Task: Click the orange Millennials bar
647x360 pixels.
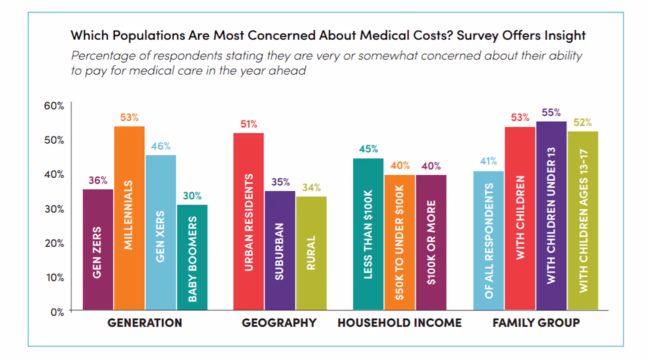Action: [x=129, y=218]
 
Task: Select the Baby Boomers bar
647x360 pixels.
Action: [x=192, y=257]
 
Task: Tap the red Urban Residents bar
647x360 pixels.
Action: [x=248, y=221]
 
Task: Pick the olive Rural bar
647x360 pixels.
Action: [x=311, y=253]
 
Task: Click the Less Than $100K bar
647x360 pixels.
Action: [x=368, y=234]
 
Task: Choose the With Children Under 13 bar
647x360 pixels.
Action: [x=551, y=215]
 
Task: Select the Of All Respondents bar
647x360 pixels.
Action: [x=488, y=240]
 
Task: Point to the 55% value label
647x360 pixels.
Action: [x=551, y=113]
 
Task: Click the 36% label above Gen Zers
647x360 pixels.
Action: [x=98, y=180]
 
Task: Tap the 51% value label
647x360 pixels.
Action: [x=248, y=124]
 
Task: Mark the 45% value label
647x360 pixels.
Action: [x=368, y=149]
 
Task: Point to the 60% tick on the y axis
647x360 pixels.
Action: [x=54, y=106]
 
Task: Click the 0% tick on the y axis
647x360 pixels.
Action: [x=57, y=312]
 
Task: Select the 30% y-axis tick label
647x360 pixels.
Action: [x=54, y=209]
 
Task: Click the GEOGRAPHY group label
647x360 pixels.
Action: [x=279, y=323]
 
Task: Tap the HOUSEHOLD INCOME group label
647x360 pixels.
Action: [x=399, y=323]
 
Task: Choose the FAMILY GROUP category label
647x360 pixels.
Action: [x=536, y=323]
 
